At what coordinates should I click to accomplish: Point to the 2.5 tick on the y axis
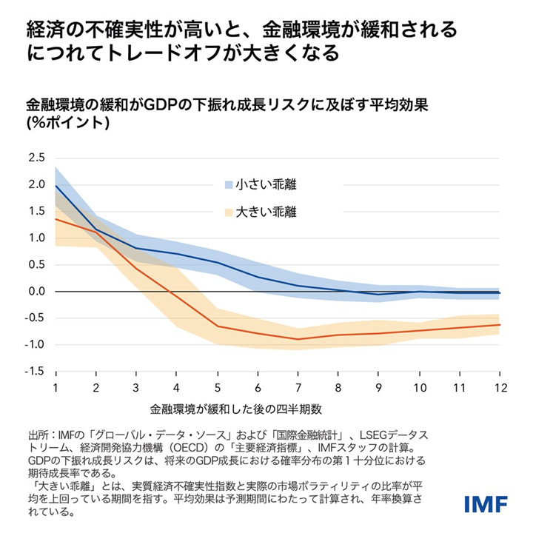pos(36,158)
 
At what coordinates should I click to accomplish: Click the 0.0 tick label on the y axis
pos(36,291)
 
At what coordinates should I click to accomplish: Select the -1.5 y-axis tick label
pos(35,371)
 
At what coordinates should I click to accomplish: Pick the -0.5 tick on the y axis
pos(35,318)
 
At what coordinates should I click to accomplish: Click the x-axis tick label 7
pos(298,388)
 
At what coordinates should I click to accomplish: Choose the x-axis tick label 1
pos(56,388)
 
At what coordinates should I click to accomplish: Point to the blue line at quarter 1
pos(56,185)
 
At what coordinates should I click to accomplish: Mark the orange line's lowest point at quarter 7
pos(298,339)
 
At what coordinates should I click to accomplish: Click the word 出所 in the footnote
pos(38,435)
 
